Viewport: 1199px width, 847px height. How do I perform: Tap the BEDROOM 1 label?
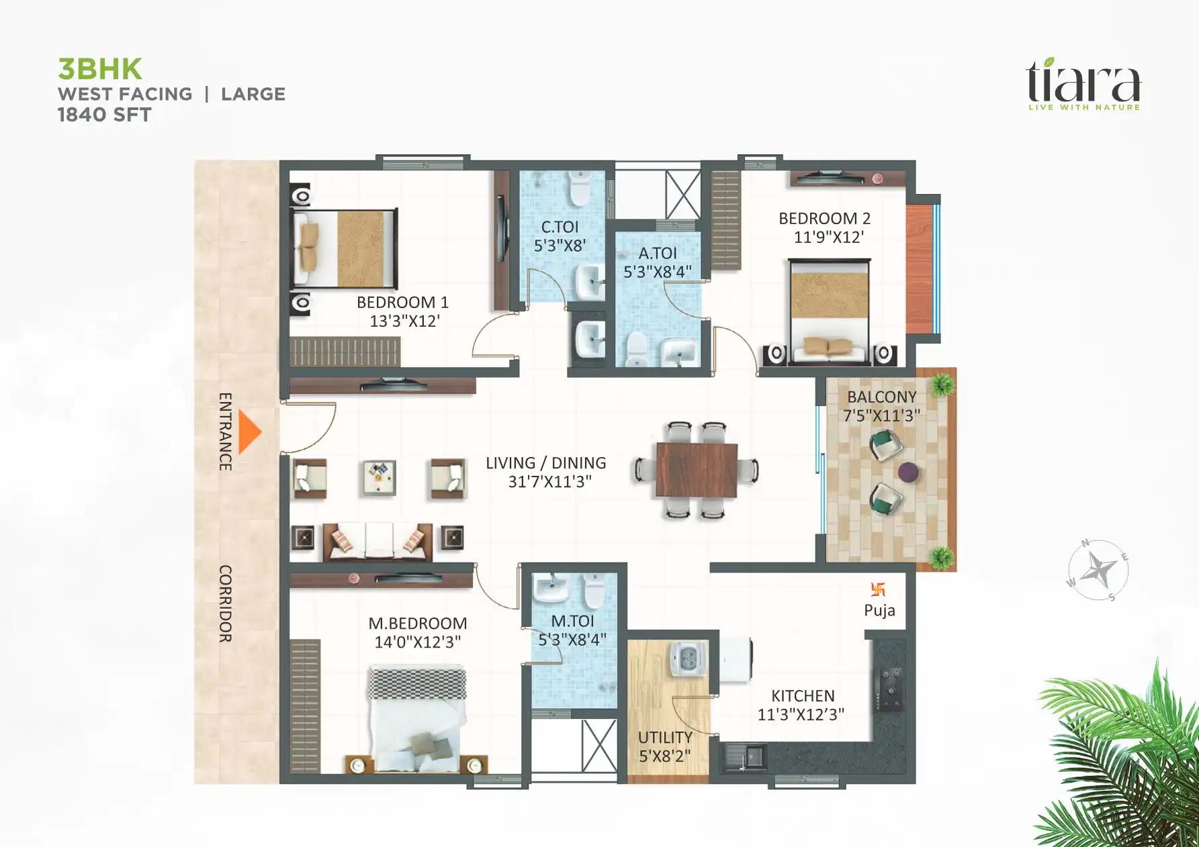tap(402, 303)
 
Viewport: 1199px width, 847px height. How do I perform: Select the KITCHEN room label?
tap(803, 696)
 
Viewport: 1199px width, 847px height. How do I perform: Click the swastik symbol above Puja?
tap(878, 589)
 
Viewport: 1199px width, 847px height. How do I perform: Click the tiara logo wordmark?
tap(1083, 82)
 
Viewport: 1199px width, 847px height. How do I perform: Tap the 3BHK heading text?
tap(100, 69)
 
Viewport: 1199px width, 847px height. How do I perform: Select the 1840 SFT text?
tap(104, 115)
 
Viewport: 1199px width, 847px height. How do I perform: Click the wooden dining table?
tap(697, 470)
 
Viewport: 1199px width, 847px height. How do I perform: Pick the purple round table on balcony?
tap(908, 472)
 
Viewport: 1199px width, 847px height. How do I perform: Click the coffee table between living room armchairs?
tap(380, 477)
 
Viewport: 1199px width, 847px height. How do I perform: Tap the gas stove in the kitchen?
tap(892, 689)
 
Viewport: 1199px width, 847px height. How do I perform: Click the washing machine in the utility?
tap(689, 658)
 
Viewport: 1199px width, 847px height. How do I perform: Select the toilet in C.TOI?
tap(579, 188)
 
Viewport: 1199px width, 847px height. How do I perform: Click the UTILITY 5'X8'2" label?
tap(665, 747)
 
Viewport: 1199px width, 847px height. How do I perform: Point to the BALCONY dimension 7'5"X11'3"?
tap(881, 416)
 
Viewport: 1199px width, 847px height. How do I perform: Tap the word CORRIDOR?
tap(226, 603)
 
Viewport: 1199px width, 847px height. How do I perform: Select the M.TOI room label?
tap(572, 621)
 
